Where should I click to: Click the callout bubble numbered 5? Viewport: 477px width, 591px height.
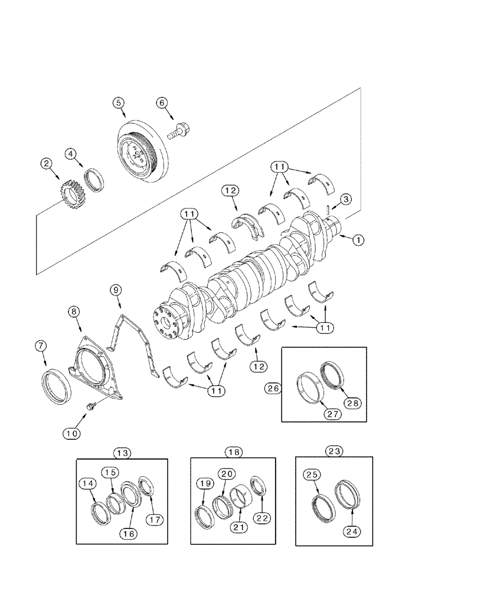pyautogui.click(x=119, y=102)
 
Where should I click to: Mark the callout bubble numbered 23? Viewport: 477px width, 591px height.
pyautogui.click(x=334, y=450)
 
